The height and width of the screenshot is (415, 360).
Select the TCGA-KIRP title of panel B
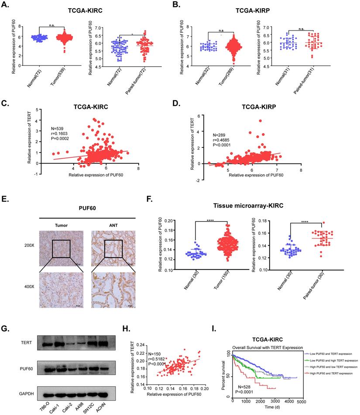tap(250, 7)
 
